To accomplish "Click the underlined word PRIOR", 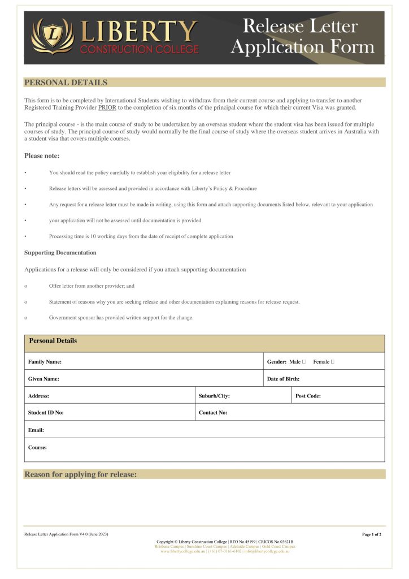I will coord(107,107).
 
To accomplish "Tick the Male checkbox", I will coord(304,362).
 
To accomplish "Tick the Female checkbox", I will coord(332,362).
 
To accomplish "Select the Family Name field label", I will coord(45,362).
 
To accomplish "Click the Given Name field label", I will coord(43,379).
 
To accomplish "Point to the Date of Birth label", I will coord(283,379).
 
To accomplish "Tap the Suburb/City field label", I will coord(214,396).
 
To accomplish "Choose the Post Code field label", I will coord(308,396).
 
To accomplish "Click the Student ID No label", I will coord(46,413).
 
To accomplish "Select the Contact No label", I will coord(213,413).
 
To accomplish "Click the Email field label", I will coord(36,430).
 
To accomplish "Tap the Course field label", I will coord(37,447).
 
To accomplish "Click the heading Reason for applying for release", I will coord(80,474).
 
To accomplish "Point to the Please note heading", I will coord(42,155).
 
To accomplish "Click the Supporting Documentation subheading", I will coord(60,253).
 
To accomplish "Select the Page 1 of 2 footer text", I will coord(372,534).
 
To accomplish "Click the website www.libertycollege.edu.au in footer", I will coord(183,551).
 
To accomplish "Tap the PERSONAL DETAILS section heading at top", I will coord(66,83).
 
